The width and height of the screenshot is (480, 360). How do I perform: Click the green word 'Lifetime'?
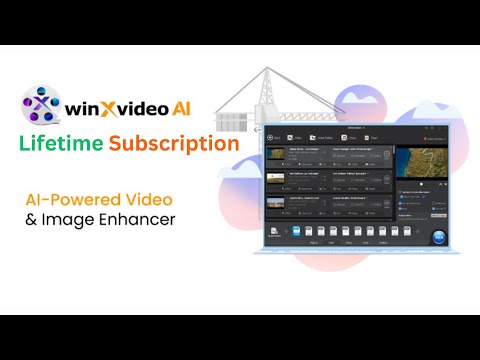62,143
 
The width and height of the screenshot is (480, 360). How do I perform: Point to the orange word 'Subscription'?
174,143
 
